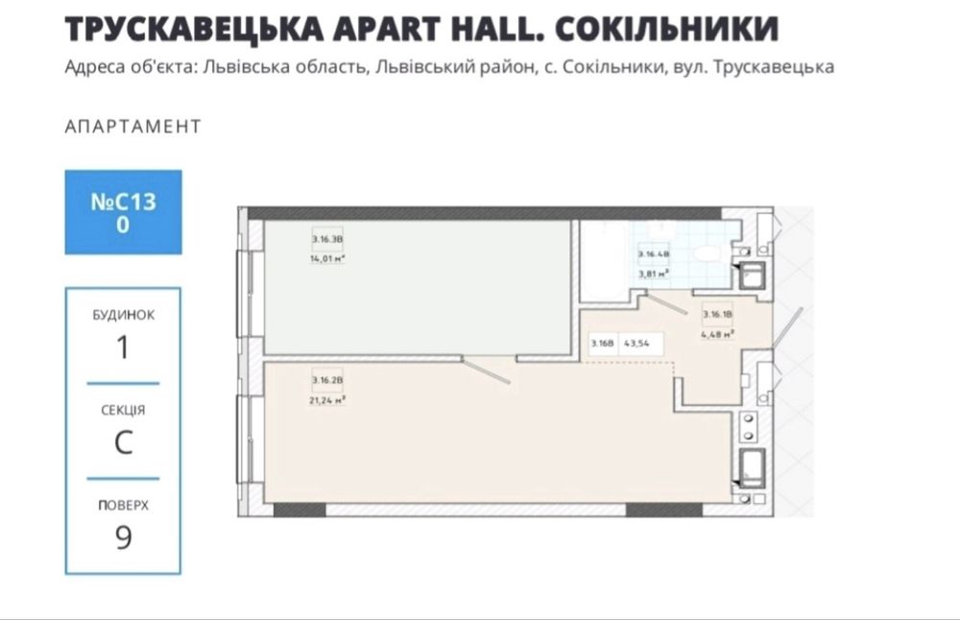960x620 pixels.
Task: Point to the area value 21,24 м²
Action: [326, 399]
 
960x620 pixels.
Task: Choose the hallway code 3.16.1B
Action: [717, 314]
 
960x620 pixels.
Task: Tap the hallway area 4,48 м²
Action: [717, 334]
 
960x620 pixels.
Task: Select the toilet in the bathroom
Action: [708, 253]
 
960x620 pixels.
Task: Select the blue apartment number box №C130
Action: [123, 212]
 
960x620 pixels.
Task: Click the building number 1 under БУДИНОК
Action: [123, 346]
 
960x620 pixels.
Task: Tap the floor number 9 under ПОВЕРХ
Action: [123, 537]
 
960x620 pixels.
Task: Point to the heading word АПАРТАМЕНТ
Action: [132, 127]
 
